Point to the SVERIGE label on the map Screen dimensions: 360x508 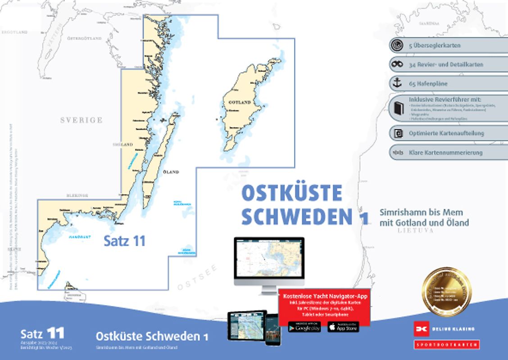(x=82, y=120)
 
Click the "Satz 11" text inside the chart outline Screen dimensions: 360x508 (x=125, y=241)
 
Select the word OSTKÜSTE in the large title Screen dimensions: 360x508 (x=292, y=193)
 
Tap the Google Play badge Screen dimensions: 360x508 (x=304, y=327)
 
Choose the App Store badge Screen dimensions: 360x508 (x=343, y=327)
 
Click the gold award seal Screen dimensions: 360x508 (x=446, y=292)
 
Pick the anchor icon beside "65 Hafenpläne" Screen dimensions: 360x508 (x=397, y=83)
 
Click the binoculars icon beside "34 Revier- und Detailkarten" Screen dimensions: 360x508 (x=397, y=64)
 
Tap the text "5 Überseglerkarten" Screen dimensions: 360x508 (x=435, y=45)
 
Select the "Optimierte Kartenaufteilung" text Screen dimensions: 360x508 (x=445, y=134)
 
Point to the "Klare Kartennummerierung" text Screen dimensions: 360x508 (x=445, y=153)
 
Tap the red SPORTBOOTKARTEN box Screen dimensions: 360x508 (x=446, y=345)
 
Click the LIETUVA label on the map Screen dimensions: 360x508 (x=415, y=230)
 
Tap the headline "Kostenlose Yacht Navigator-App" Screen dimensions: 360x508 (x=324, y=297)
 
